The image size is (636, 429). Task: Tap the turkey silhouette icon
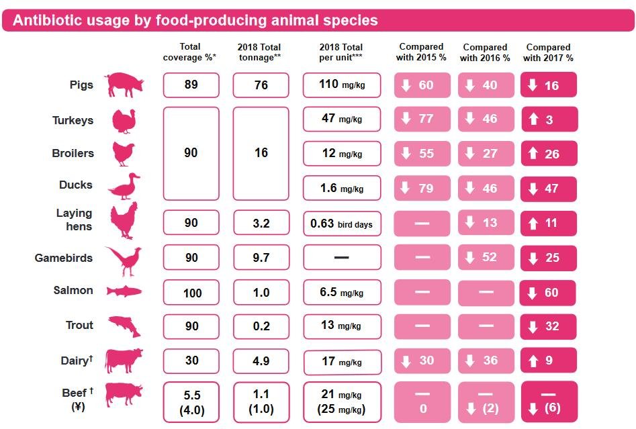click(x=124, y=121)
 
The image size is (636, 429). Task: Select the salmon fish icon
click(x=124, y=291)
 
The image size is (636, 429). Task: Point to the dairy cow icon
click(x=124, y=360)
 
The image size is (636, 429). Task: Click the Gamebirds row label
click(x=64, y=258)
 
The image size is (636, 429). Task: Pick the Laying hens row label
click(x=74, y=220)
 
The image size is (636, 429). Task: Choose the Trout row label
click(x=79, y=326)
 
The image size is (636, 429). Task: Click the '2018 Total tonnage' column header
click(x=259, y=52)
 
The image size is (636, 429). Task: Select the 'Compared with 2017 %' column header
click(x=548, y=52)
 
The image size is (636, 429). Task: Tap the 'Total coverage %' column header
click(x=190, y=52)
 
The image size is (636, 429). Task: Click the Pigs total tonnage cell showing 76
click(x=261, y=85)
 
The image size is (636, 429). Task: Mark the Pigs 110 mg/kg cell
click(x=341, y=85)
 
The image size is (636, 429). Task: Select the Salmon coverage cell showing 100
click(x=191, y=293)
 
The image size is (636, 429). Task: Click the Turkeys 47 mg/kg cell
click(x=341, y=120)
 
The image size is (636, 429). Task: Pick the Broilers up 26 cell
click(x=548, y=154)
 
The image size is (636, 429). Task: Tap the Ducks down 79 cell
click(x=422, y=188)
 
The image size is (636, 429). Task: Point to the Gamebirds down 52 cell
click(x=485, y=257)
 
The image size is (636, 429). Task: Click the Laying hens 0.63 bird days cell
click(x=341, y=224)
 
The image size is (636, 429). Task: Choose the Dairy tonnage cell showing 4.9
click(x=261, y=361)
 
